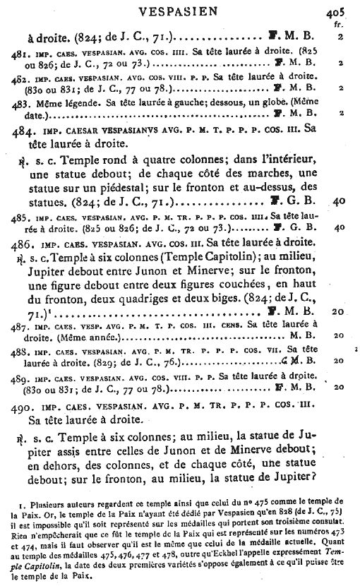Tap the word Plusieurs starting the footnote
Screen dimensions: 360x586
(x=46, y=508)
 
